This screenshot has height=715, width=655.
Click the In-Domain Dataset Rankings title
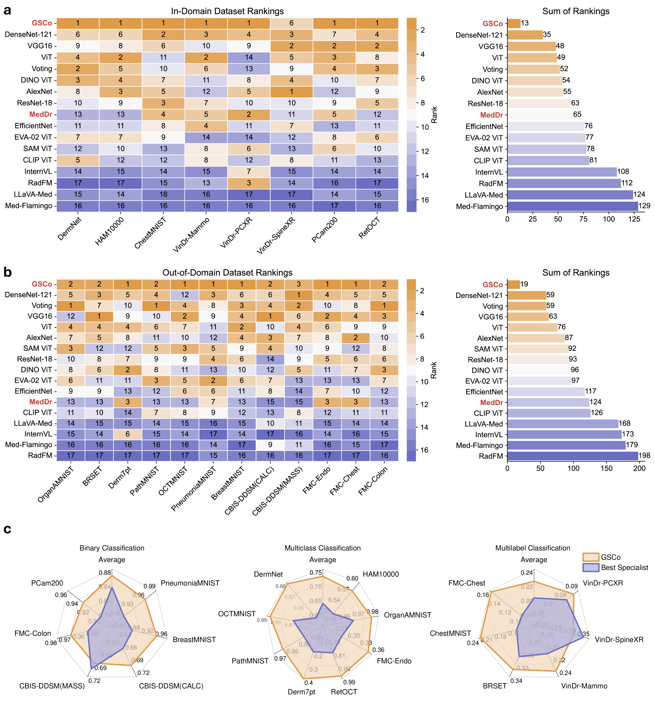pos(227,11)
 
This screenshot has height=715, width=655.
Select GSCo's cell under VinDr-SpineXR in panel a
pos(291,23)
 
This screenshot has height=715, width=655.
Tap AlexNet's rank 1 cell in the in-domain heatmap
pos(291,91)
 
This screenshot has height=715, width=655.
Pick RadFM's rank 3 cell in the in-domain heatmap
pos(249,183)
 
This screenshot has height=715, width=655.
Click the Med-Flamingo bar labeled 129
pos(573,206)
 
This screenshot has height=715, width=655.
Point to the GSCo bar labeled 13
pos(514,23)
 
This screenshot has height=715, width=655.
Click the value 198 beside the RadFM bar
pos(644,456)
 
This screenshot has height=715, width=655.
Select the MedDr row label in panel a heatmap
pos(40,115)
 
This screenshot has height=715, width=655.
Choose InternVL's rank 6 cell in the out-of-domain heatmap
pos(128,434)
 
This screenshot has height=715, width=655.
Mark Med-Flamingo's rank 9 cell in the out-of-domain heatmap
pos(270,445)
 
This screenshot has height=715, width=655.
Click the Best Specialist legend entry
pos(624,568)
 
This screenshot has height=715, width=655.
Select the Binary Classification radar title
pos(112,548)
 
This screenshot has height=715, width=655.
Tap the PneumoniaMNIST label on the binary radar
pos(190,583)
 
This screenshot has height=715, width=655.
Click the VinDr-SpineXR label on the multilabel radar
pos(619,639)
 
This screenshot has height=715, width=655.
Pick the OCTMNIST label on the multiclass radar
pos(237,614)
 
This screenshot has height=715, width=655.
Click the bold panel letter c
pos(7,529)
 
